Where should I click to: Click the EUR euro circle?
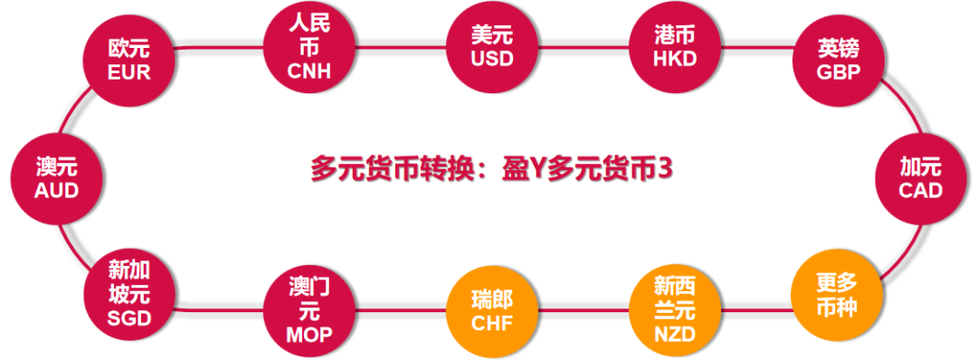pos(128,59)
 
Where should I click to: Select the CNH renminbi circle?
pos(309,45)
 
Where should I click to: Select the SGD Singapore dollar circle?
pos(128,293)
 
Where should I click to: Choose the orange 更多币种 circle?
pos(835,293)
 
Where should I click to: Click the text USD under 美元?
pos(491,59)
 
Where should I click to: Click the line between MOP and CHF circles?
pos(400,312)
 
